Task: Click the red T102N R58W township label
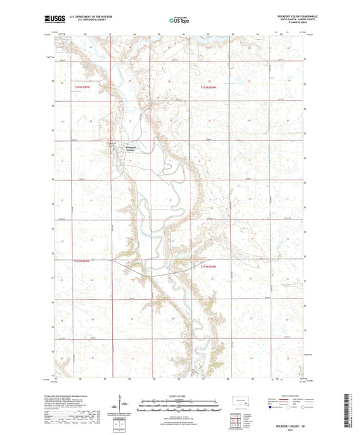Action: pos(210,87)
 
